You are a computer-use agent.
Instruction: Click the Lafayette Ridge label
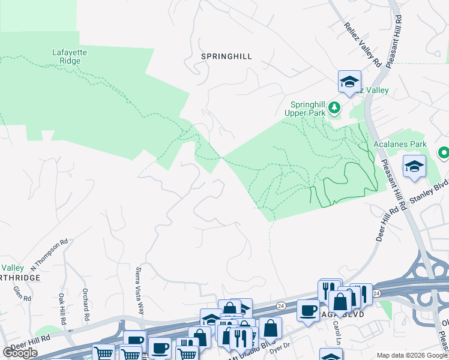70,56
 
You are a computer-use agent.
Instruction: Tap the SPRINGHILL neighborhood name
226,56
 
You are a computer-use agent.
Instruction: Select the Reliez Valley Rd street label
363,44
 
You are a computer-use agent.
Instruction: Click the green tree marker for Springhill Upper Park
334,109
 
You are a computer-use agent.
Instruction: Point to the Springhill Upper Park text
307,108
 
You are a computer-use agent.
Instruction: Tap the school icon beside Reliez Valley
349,82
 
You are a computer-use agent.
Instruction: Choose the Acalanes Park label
408,145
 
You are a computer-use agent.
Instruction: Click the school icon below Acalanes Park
414,167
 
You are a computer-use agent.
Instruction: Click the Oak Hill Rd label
62,304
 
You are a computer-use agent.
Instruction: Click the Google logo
20,353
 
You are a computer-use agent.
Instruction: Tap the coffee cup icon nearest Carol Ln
308,310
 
